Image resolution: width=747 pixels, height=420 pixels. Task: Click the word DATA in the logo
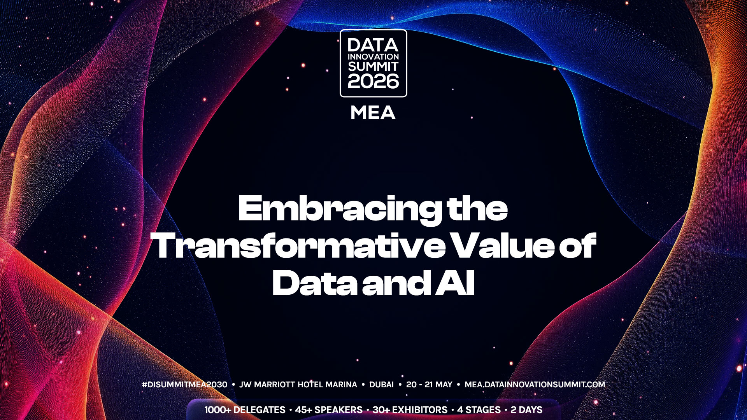(x=373, y=45)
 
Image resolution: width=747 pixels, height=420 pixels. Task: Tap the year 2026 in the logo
(x=373, y=81)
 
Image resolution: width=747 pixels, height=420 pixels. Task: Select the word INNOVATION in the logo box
(x=373, y=57)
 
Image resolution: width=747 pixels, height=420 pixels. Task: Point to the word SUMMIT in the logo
(x=373, y=66)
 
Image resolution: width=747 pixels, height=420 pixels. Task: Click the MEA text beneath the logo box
(x=373, y=113)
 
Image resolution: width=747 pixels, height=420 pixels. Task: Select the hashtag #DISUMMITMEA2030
(x=185, y=385)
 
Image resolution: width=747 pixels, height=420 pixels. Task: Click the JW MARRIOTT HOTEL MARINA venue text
(x=298, y=385)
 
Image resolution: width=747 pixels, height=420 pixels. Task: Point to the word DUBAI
(x=381, y=385)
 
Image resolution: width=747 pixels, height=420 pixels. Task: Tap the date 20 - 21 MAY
(x=429, y=385)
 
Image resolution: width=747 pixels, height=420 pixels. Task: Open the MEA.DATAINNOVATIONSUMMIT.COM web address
(x=535, y=385)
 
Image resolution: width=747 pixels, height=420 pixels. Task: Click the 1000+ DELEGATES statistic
(x=245, y=410)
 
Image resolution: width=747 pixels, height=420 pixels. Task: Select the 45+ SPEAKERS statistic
(x=329, y=410)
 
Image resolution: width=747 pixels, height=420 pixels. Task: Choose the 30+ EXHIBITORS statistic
(x=410, y=410)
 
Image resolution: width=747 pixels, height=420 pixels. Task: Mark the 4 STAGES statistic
(x=479, y=410)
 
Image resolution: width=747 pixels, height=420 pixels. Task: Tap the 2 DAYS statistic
(x=526, y=410)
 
